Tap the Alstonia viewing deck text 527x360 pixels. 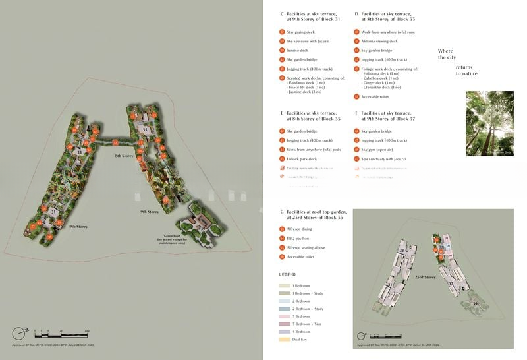(379, 41)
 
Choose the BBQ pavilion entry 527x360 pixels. (298, 238)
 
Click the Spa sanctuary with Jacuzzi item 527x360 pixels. (383, 159)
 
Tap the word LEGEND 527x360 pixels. (287, 274)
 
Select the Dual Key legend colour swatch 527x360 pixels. (284, 340)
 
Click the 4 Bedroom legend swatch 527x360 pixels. (284, 332)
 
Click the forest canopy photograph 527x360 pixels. (489, 123)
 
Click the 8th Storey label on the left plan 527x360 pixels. (125, 156)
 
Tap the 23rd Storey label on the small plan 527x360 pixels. (425, 278)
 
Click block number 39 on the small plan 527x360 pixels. (476, 303)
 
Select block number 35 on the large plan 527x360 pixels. (145, 130)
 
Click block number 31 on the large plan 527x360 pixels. (53, 212)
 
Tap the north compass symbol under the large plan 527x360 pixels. (23, 331)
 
